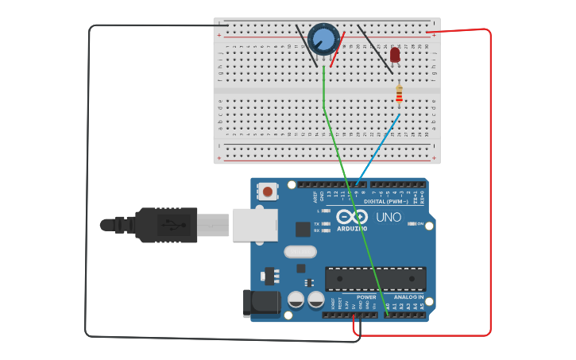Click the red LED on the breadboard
point(395,54)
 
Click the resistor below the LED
point(399,95)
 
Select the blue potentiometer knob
point(323,38)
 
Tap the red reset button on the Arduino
point(269,192)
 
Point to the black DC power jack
point(264,303)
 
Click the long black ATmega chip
point(375,278)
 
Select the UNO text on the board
point(389,217)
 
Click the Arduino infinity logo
point(351,217)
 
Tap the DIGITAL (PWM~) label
point(385,202)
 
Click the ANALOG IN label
point(410,297)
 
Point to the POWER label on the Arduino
point(366,297)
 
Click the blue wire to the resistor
point(380,147)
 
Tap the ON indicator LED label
point(419,224)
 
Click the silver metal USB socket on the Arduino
point(254,224)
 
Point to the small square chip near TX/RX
point(303,229)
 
